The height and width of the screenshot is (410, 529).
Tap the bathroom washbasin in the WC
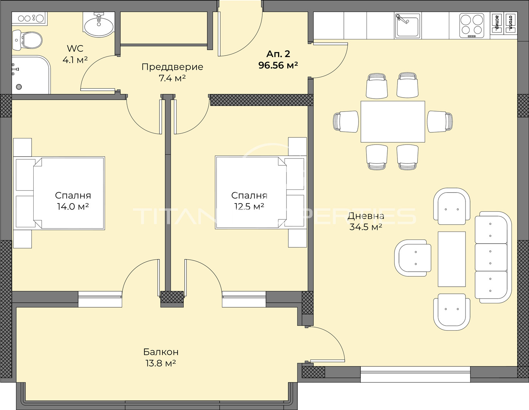[x=99, y=24]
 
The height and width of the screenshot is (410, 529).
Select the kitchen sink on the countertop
[x=408, y=26]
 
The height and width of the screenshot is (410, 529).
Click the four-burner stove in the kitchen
[x=472, y=26]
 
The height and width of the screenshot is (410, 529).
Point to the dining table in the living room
[x=393, y=121]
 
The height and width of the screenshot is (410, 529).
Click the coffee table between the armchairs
[x=452, y=259]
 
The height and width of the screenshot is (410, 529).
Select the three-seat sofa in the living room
[x=493, y=257]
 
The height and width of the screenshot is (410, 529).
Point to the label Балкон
[x=161, y=352]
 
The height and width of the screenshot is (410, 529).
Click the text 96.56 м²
[x=278, y=65]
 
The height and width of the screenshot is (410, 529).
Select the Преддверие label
[x=172, y=67]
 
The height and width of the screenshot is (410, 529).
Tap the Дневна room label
[x=366, y=216]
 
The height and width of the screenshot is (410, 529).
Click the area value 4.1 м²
[x=75, y=60]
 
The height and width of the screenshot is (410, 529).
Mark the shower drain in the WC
[x=19, y=87]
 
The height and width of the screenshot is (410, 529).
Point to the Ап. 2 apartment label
[x=278, y=54]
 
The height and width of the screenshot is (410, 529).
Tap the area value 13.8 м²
[x=161, y=363]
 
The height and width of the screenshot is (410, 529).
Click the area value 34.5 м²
[x=366, y=227]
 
